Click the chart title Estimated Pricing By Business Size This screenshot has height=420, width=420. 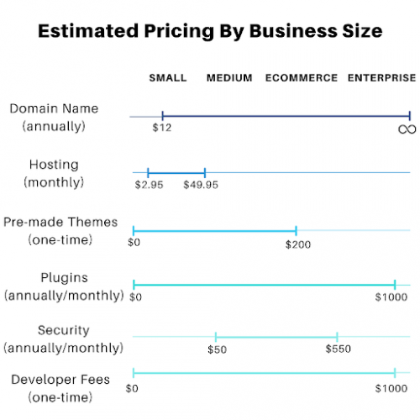tap(210, 31)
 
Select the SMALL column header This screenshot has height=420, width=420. tap(168, 78)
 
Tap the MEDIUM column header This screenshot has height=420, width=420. tap(229, 78)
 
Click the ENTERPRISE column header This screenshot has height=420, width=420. tap(382, 78)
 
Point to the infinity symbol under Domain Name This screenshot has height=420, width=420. tap(407, 129)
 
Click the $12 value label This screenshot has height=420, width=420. tap(161, 128)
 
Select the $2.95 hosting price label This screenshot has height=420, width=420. tap(149, 185)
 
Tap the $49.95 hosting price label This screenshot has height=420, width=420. tap(201, 185)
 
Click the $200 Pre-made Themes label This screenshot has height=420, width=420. tap(297, 244)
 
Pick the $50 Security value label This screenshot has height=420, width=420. tap(217, 349)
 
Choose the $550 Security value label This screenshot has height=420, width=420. tap(338, 349)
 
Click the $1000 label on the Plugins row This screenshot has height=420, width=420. tap(391, 297)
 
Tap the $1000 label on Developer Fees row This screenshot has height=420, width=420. tap(391, 388)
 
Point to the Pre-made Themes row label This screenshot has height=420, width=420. tap(60, 223)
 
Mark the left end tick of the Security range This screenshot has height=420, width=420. tap(216, 337)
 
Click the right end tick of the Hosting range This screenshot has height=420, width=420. tap(205, 172)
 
